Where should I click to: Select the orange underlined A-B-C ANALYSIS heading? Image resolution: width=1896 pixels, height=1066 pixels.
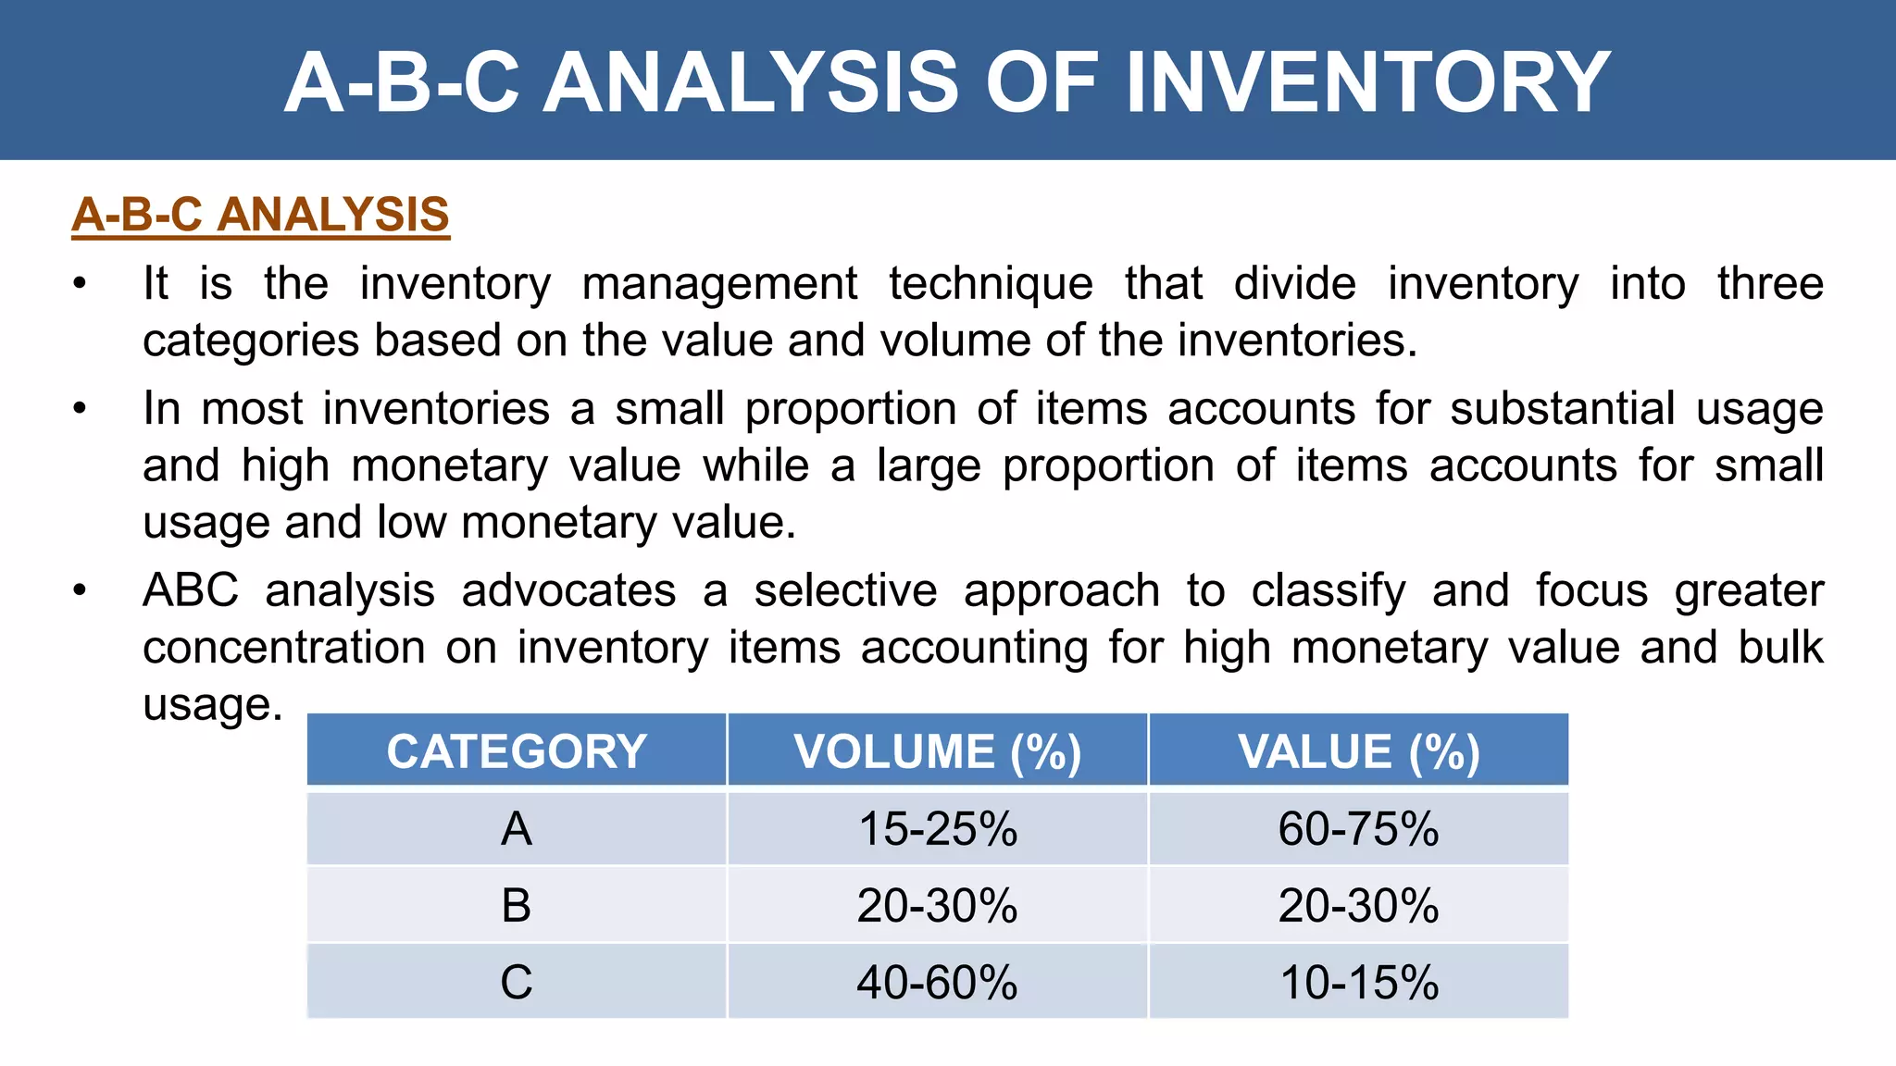coord(260,215)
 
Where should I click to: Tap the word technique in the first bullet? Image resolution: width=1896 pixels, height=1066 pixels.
coord(991,284)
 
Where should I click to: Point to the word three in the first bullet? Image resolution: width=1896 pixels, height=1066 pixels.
coord(1769,284)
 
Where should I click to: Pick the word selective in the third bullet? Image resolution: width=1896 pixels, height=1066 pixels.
coord(845,591)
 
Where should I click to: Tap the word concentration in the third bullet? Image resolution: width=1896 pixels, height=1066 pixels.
coord(283,648)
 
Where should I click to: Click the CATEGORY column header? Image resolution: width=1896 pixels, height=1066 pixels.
coord(517,751)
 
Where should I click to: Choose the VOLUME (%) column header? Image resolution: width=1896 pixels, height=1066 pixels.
coord(937,751)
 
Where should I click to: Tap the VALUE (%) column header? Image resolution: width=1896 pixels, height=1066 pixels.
coord(1358,751)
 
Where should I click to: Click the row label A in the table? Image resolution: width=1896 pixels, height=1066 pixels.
coord(517,828)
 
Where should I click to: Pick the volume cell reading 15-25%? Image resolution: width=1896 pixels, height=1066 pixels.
coord(937,828)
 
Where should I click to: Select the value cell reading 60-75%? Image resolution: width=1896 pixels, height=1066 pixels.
coord(1358,828)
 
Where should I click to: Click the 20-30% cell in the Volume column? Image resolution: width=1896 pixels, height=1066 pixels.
coord(937,905)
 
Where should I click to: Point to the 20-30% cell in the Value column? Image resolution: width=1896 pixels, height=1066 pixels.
coord(1358,905)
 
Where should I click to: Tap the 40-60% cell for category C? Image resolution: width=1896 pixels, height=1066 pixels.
coord(937,982)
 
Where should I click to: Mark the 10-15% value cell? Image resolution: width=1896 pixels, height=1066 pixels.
coord(1358,982)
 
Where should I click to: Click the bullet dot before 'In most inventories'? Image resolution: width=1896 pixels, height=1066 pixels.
coord(81,408)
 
